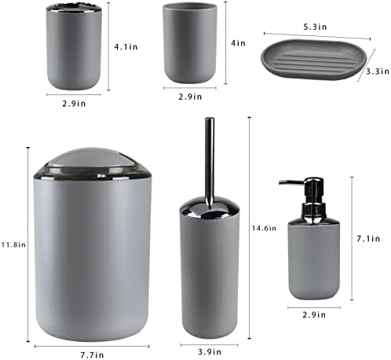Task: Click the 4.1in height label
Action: click(x=126, y=47)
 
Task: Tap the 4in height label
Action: click(x=238, y=43)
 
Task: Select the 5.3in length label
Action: click(x=315, y=27)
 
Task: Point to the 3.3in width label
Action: click(x=378, y=72)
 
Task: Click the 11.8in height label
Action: click(x=13, y=244)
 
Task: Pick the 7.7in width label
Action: click(x=92, y=355)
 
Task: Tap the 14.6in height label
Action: click(x=264, y=228)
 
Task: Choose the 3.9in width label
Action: click(x=210, y=351)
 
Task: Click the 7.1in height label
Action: click(x=368, y=238)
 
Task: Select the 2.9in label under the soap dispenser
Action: click(x=314, y=314)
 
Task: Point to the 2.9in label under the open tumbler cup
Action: click(x=190, y=97)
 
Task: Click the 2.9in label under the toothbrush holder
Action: click(x=74, y=104)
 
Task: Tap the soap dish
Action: click(x=313, y=59)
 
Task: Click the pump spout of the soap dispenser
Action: click(x=290, y=182)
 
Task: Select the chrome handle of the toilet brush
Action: click(x=210, y=160)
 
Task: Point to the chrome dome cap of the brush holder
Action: click(x=210, y=208)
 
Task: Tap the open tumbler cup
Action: click(x=190, y=42)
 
